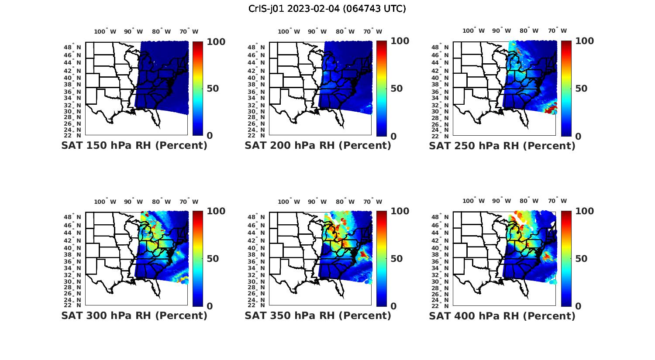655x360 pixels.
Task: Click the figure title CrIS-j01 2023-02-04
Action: (x=327, y=8)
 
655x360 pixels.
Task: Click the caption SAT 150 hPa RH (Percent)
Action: (x=134, y=145)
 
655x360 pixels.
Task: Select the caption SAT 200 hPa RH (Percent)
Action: (x=318, y=145)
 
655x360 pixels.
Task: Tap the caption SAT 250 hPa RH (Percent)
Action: (x=502, y=145)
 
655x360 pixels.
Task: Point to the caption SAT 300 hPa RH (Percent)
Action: (x=134, y=315)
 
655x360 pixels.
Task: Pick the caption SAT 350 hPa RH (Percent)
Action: (x=318, y=315)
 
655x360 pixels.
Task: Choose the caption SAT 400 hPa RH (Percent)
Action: (x=502, y=315)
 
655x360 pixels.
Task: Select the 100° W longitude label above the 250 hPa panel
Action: (x=473, y=31)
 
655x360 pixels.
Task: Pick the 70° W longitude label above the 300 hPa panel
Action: (x=189, y=202)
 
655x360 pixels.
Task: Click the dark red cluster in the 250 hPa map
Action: (x=551, y=109)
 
